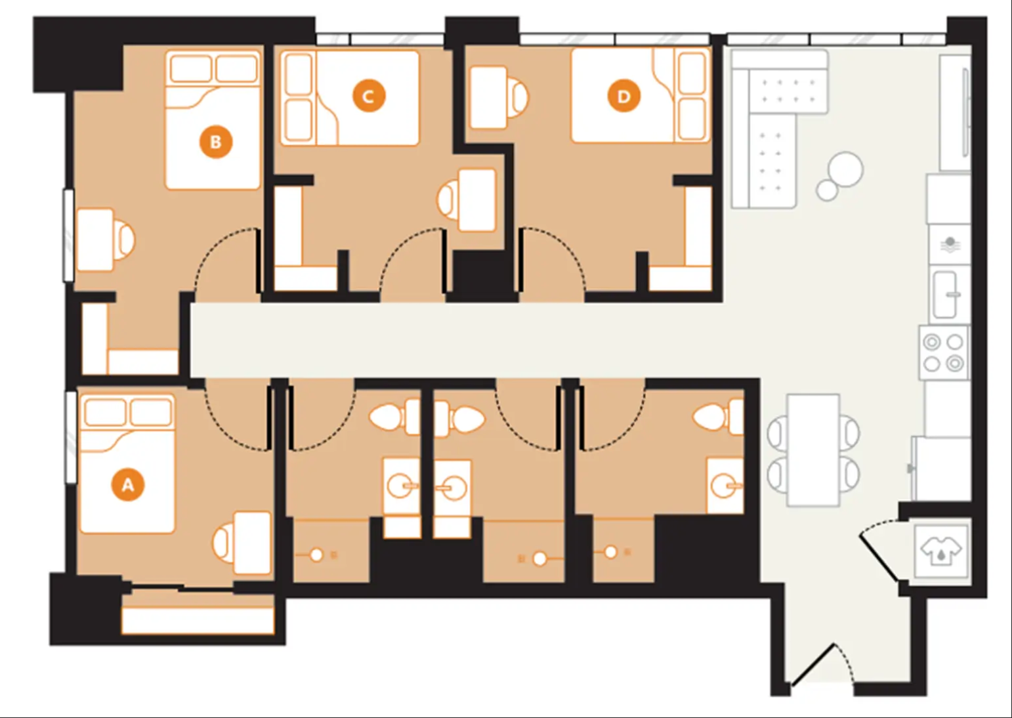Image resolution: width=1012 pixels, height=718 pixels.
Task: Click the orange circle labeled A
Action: tap(128, 485)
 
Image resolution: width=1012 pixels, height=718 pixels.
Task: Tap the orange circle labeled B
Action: tap(216, 142)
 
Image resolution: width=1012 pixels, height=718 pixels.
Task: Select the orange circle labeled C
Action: tap(369, 96)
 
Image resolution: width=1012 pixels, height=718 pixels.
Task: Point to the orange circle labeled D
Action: tap(623, 96)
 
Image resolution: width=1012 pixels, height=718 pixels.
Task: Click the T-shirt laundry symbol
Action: tap(941, 551)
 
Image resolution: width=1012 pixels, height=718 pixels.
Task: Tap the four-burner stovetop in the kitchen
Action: tap(943, 353)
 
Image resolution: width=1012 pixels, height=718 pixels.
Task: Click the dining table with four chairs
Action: tap(813, 450)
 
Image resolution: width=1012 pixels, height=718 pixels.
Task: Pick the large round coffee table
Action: tap(845, 169)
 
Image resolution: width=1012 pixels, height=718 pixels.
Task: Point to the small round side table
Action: tap(827, 190)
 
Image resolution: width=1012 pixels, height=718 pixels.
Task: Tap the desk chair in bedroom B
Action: tap(124, 240)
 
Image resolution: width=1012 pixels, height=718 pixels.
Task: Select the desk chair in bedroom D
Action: tap(517, 97)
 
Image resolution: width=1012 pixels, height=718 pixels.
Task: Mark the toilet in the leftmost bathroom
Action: tap(394, 417)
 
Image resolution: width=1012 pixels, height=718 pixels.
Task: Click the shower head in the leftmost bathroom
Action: tap(316, 555)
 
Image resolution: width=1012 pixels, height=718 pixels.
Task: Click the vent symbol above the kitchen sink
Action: tap(950, 244)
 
